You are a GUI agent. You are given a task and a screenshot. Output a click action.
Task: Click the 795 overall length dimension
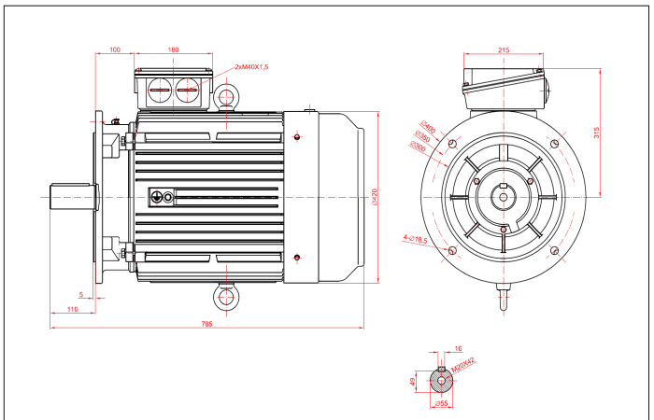click(207, 323)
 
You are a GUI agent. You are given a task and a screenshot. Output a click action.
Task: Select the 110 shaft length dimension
click(73, 310)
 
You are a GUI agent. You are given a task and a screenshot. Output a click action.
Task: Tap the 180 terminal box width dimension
click(173, 49)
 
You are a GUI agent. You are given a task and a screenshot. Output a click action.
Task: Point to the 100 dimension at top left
click(115, 49)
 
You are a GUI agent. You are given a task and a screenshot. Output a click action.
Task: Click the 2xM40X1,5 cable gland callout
click(252, 67)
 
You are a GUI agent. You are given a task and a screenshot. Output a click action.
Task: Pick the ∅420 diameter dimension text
click(375, 197)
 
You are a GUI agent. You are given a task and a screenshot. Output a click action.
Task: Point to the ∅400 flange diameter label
click(429, 127)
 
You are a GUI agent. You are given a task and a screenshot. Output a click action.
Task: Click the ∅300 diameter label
click(419, 147)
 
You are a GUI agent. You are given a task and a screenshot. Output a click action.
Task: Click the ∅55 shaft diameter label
click(444, 404)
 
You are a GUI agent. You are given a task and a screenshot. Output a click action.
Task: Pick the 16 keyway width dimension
click(458, 348)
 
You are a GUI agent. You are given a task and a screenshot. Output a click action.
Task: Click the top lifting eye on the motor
click(226, 97)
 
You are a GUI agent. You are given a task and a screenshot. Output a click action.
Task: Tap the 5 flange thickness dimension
click(82, 295)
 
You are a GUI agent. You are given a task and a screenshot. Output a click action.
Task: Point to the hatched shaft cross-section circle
click(442, 382)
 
